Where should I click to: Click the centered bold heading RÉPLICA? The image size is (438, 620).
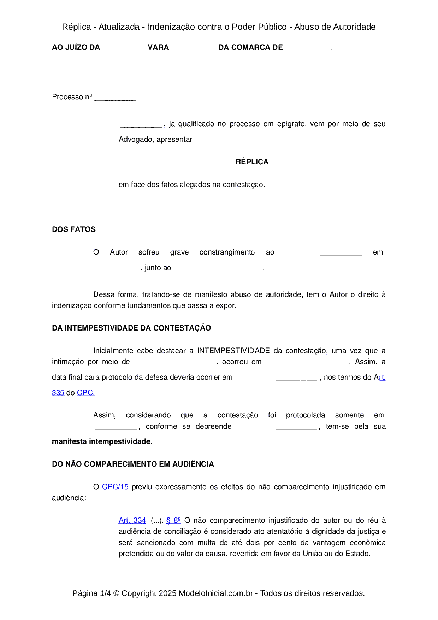click(x=252, y=162)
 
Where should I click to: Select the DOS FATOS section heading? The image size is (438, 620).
click(x=74, y=229)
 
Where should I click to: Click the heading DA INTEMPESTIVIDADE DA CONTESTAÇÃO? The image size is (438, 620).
click(x=131, y=328)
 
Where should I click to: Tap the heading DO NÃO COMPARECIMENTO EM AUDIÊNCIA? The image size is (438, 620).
click(x=133, y=464)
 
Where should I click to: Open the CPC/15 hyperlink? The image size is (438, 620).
click(x=115, y=487)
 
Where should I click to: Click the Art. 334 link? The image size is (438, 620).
click(x=132, y=520)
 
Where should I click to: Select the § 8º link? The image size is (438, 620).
click(x=173, y=520)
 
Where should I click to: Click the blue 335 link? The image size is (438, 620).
click(x=58, y=393)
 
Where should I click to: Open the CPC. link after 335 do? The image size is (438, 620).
click(x=86, y=393)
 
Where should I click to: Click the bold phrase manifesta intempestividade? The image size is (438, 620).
click(x=101, y=441)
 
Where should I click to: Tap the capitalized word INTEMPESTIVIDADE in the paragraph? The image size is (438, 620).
click(x=233, y=351)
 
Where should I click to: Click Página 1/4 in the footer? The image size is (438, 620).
click(x=91, y=593)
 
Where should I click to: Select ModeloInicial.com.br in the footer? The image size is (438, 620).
click(x=215, y=593)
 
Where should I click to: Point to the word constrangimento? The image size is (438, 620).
click(x=227, y=252)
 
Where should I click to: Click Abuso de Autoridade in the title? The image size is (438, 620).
click(x=335, y=27)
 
